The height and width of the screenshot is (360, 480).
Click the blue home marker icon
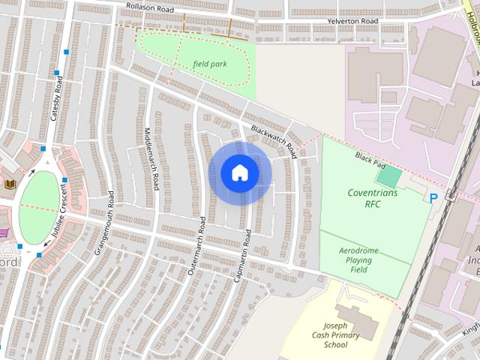(239, 172)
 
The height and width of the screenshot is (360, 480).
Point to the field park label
(209, 64)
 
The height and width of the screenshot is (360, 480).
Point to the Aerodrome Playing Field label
(359, 259)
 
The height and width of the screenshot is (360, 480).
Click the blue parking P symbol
(433, 198)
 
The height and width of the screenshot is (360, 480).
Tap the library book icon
(10, 184)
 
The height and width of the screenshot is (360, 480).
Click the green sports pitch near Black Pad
(388, 178)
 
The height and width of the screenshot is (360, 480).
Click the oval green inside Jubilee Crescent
(39, 207)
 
